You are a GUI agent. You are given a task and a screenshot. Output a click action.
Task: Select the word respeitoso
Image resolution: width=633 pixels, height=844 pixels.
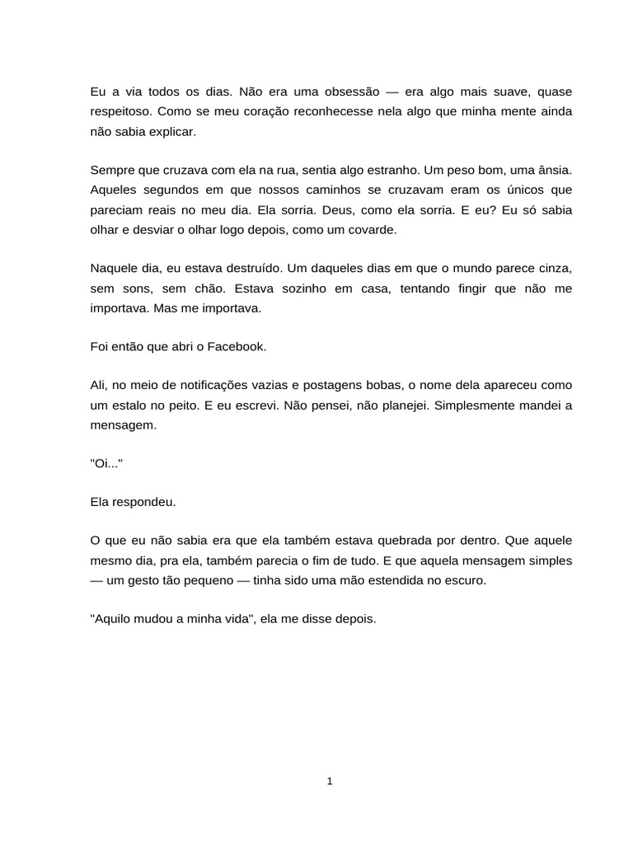point(120,110)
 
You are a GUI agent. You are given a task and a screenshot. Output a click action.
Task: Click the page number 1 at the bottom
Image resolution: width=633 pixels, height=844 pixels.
point(330,782)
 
